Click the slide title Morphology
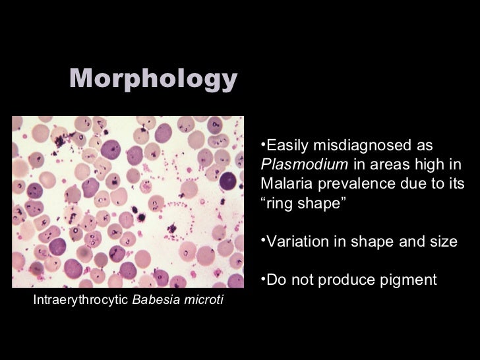tap(153, 80)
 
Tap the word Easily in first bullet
tap(288, 145)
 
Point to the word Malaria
tap(285, 182)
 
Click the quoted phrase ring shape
tap(303, 201)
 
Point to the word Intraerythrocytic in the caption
tap(81, 301)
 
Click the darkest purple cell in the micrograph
tap(228, 180)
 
